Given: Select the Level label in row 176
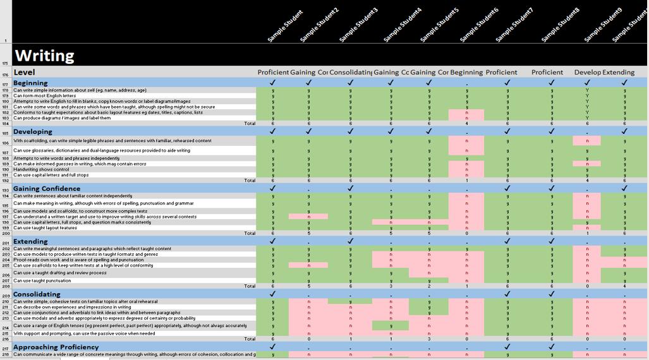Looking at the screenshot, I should (x=24, y=73).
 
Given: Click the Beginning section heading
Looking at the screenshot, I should (x=30, y=83).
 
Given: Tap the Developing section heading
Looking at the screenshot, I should (x=33, y=131).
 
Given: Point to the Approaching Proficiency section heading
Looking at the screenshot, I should (x=56, y=347).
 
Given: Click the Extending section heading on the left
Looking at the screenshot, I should (x=30, y=241).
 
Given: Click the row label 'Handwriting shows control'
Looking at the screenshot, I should (x=41, y=169).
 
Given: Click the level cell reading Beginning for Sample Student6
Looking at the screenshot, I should (x=466, y=73).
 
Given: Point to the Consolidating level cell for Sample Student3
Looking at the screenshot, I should (x=350, y=73).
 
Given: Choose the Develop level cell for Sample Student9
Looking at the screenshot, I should (x=587, y=73).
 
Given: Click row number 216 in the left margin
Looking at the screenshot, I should (x=6, y=339).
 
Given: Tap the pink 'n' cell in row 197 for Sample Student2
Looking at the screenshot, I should (x=308, y=217).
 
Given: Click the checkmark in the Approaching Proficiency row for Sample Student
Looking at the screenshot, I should (x=272, y=347).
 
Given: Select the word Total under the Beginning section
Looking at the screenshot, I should (x=250, y=123).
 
